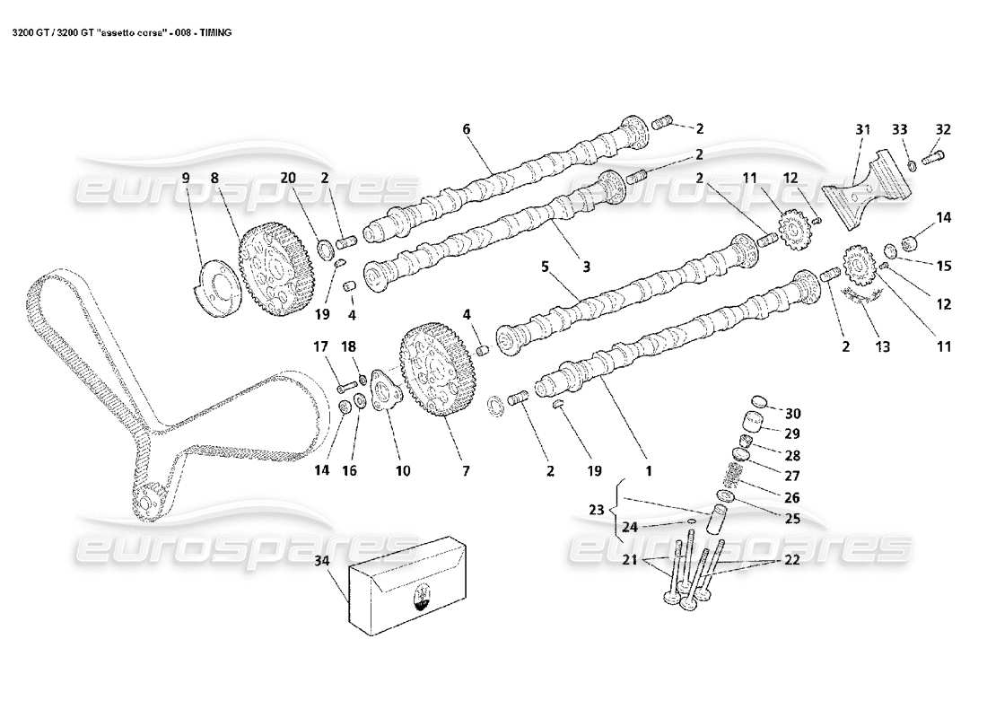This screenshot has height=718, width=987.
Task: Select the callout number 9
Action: (x=187, y=179)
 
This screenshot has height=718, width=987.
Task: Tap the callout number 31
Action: (x=862, y=130)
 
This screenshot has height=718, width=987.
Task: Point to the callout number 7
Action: (x=465, y=469)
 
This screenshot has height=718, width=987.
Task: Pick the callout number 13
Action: (x=883, y=346)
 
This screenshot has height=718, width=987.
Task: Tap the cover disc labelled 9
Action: (x=215, y=285)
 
